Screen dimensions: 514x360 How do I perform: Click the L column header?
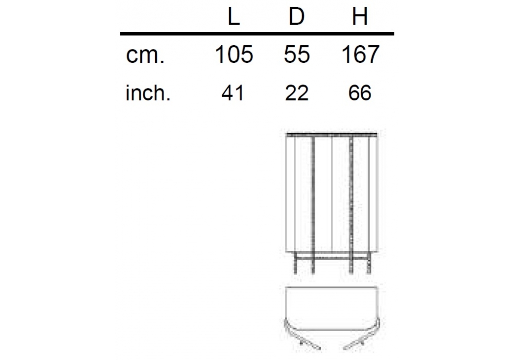[x=234, y=17]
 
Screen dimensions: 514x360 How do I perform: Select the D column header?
[x=297, y=17]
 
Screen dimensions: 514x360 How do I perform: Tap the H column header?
[x=360, y=17]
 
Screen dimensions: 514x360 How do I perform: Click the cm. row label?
[x=145, y=55]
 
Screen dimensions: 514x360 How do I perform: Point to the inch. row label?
[x=148, y=93]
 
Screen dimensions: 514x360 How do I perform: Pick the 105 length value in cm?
[x=234, y=55]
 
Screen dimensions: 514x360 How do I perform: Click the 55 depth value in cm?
[x=297, y=55]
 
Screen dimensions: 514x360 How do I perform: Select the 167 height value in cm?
[x=360, y=55]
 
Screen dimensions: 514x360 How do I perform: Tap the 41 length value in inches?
[x=233, y=93]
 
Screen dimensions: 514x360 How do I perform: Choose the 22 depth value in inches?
[x=297, y=93]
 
